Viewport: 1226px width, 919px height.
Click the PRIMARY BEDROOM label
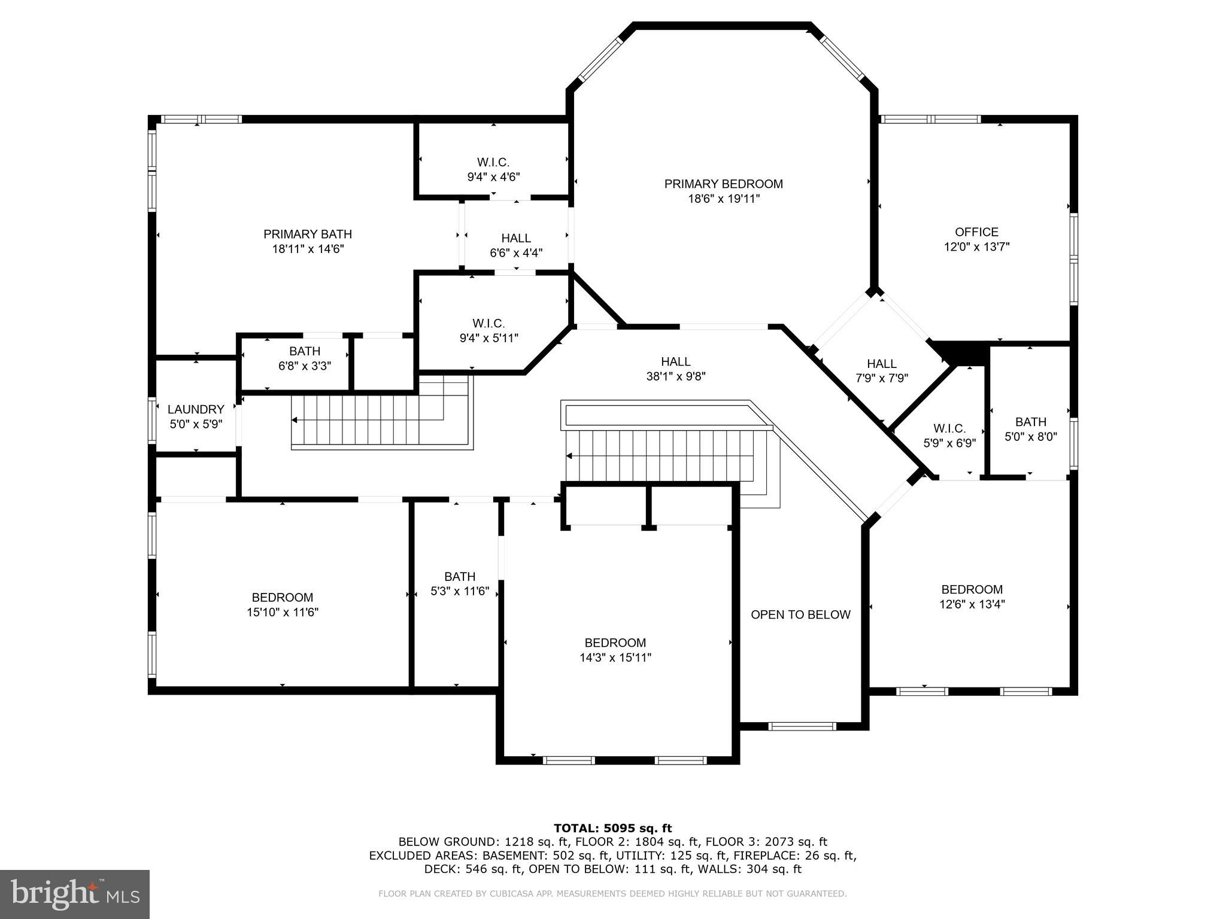coord(723,184)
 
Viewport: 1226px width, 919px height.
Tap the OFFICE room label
coord(976,232)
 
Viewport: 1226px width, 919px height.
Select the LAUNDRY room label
coord(196,409)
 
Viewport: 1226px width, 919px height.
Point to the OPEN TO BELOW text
coord(800,614)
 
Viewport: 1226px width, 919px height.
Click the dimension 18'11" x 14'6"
coord(308,249)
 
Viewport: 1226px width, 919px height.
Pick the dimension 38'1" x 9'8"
coord(676,376)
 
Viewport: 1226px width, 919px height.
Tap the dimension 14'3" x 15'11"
coord(615,658)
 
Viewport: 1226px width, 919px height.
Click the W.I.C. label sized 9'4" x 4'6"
coord(493,162)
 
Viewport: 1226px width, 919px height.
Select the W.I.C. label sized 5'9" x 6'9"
coord(949,428)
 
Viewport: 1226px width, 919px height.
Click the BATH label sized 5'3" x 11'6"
coord(460,576)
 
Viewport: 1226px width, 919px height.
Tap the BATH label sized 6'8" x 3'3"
coord(305,351)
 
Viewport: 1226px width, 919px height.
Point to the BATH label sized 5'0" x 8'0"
coord(1030,422)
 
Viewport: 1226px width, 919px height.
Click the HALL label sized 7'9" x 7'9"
coord(882,363)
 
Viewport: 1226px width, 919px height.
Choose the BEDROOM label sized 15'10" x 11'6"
coord(283,597)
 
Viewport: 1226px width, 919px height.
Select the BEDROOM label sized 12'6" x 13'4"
coord(972,589)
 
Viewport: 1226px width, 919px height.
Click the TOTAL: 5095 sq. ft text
coord(612,828)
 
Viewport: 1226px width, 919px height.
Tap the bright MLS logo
coord(74,894)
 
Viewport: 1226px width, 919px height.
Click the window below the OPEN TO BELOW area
coord(802,726)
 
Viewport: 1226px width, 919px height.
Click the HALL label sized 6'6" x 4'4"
coord(516,238)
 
